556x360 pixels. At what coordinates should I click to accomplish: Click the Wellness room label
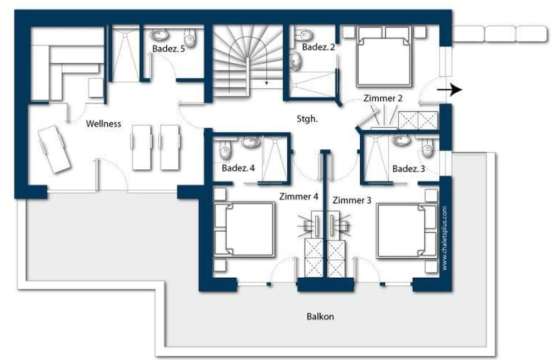[103, 124]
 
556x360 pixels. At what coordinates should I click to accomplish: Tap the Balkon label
[320, 317]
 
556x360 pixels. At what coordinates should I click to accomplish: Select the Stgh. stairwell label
[307, 119]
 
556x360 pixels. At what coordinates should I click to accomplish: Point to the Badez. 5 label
[168, 48]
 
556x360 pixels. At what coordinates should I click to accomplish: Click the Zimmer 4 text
[299, 196]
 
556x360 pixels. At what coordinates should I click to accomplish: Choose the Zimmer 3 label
[352, 200]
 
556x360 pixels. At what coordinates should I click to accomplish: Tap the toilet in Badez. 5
[190, 38]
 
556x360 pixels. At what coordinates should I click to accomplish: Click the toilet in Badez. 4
[225, 150]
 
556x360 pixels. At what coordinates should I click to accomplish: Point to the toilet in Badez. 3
[428, 148]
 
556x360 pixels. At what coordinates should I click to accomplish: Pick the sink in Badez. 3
[401, 140]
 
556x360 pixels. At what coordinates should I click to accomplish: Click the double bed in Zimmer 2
[384, 56]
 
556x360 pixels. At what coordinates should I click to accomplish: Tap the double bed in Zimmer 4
[244, 229]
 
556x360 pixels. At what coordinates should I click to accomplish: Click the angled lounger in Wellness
[54, 149]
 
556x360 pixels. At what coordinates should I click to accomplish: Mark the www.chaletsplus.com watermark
[445, 238]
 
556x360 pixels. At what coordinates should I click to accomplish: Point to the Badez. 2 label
[319, 47]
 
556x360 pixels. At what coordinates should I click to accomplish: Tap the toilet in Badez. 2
[304, 35]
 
